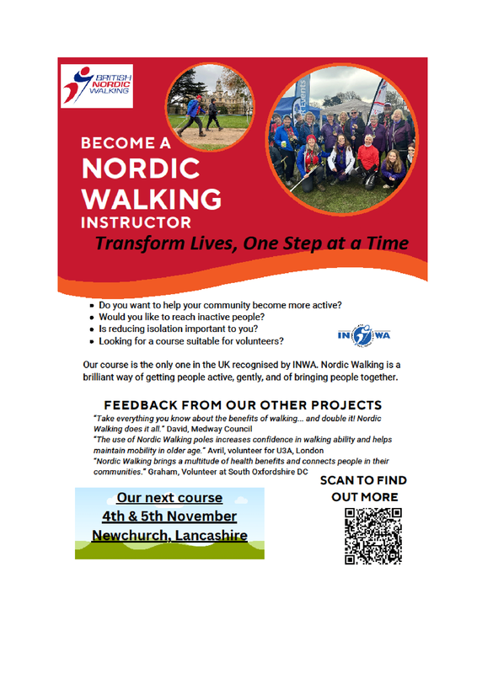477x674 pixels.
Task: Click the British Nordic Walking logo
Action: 97,86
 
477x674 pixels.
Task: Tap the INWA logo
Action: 364,335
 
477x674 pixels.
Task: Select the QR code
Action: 372,536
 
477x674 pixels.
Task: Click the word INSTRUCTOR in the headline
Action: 136,222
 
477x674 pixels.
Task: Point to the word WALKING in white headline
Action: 152,199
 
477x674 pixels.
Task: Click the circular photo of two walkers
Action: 210,107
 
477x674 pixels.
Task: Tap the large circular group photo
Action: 342,140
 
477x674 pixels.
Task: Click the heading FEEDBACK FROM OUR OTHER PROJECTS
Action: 243,405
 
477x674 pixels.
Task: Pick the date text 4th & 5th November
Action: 169,516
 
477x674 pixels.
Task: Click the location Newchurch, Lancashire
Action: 170,536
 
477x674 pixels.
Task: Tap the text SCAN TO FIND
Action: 363,480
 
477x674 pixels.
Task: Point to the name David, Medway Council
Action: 210,429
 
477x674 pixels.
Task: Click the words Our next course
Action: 170,498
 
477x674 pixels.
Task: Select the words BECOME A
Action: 126,143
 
